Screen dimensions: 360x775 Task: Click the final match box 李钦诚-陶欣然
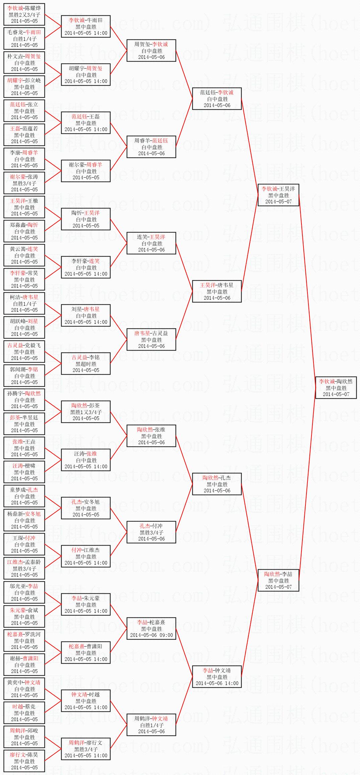click(336, 388)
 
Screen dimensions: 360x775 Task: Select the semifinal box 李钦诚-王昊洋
click(278, 195)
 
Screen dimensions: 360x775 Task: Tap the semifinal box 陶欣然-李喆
click(278, 580)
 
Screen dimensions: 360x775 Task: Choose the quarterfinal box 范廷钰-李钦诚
click(217, 99)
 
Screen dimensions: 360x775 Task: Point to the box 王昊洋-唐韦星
click(217, 291)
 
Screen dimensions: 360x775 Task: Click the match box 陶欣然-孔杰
click(217, 484)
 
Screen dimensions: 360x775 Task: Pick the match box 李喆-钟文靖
click(217, 677)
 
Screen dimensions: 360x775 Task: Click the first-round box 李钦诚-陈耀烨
click(24, 14)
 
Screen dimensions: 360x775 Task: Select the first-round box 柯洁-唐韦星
click(24, 303)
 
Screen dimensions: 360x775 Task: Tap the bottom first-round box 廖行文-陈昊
click(24, 761)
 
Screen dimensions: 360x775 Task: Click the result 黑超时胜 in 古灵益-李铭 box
click(86, 364)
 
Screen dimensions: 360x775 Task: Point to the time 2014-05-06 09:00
click(152, 635)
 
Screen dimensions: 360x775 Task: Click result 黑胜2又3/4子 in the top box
click(24, 15)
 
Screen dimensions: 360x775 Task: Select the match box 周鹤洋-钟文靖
click(151, 725)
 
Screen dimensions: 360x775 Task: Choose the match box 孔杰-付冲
click(151, 532)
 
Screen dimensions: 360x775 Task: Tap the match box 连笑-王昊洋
click(151, 243)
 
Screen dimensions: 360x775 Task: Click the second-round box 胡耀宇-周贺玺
click(86, 75)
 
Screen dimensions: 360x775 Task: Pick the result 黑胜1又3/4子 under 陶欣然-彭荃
click(86, 412)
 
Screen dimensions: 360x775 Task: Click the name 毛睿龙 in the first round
click(15, 32)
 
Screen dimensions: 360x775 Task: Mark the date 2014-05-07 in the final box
click(336, 394)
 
